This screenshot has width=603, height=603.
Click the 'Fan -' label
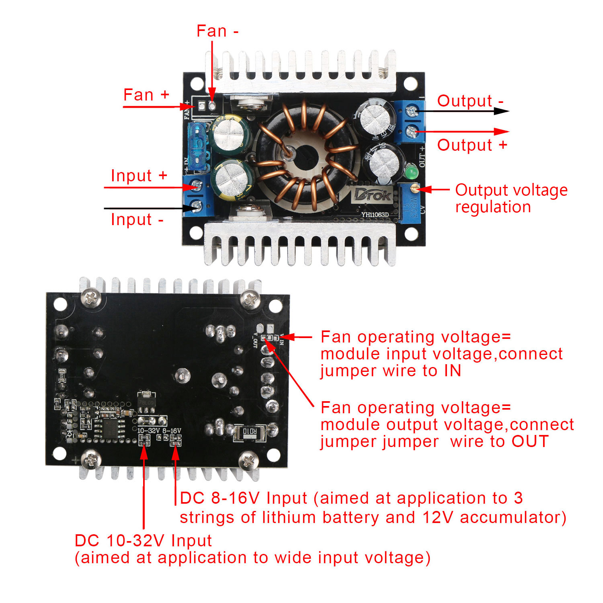click(x=217, y=31)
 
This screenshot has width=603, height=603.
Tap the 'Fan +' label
click(x=146, y=95)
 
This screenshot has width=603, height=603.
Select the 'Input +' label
click(x=139, y=176)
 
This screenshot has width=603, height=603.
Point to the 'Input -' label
click(x=137, y=220)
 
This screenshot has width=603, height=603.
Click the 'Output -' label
click(x=470, y=101)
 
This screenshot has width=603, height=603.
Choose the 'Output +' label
click(x=472, y=145)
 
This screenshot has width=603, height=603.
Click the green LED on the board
click(x=411, y=172)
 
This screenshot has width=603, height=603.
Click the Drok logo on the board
click(x=372, y=195)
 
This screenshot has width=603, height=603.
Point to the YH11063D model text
click(x=375, y=215)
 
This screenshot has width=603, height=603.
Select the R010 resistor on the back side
click(x=249, y=432)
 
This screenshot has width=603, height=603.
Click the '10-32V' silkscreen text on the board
click(x=149, y=431)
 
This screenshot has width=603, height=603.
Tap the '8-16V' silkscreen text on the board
click(x=172, y=431)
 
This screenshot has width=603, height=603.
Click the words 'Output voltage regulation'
click(x=511, y=199)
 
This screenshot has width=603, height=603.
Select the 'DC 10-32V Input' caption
click(x=143, y=541)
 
